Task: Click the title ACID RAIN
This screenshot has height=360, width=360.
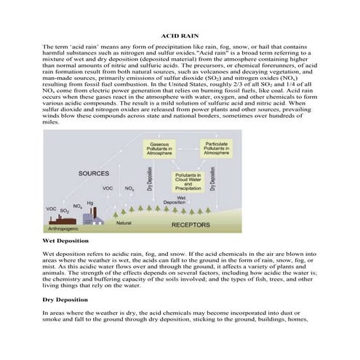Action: pyautogui.click(x=180, y=35)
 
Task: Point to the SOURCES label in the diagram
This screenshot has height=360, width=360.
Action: pyautogui.click(x=95, y=173)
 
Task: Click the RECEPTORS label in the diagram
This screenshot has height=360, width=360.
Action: pyautogui.click(x=190, y=225)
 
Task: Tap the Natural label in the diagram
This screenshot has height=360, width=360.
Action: pyautogui.click(x=124, y=222)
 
